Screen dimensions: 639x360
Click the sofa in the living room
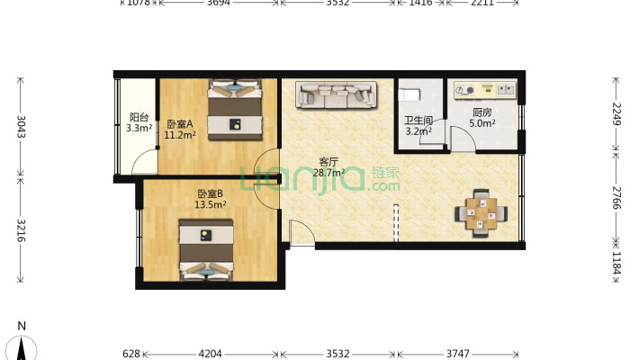(337, 95)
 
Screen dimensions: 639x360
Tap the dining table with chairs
(481, 213)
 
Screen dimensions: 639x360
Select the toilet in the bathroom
(409, 95)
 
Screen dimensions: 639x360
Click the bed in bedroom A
(235, 110)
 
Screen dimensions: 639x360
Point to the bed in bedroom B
(206, 250)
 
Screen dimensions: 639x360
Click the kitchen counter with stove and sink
(485, 90)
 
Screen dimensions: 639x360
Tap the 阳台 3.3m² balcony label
(139, 122)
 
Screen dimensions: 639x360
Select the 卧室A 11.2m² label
(180, 130)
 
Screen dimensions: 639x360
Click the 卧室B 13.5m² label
(210, 199)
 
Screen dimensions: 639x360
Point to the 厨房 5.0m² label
(482, 117)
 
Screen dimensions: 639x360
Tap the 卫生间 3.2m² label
(418, 126)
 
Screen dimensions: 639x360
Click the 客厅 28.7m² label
(328, 167)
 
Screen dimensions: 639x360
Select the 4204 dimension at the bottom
(210, 354)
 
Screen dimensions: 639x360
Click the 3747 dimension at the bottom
(458, 354)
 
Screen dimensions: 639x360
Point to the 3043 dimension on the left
(21, 127)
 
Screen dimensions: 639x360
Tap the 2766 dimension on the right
(616, 198)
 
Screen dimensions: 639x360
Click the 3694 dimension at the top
(219, 3)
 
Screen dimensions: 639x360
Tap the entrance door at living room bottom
(302, 233)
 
